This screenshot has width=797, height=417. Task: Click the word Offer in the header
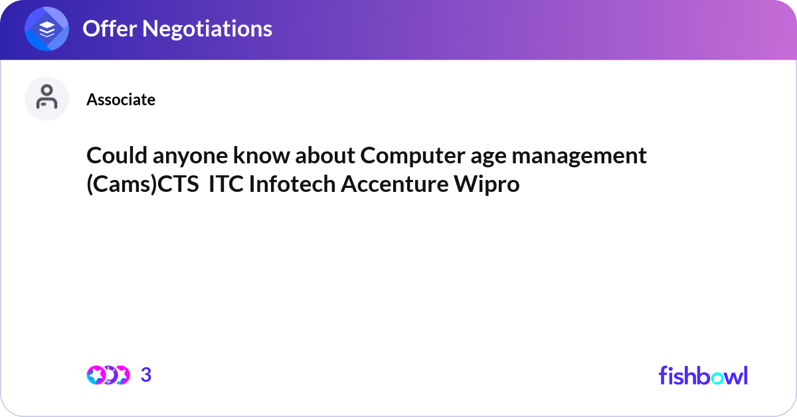point(109,29)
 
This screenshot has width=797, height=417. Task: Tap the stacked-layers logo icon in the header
point(47,29)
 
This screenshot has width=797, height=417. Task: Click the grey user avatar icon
point(46,98)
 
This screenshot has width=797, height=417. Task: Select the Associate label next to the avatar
point(121,100)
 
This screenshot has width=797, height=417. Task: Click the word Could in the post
point(112,156)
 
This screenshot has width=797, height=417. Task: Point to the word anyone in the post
point(177,156)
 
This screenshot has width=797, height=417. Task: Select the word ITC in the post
point(225,185)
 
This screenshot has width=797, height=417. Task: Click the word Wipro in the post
point(486,185)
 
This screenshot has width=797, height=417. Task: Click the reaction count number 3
point(146,375)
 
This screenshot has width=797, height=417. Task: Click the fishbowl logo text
point(703,375)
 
